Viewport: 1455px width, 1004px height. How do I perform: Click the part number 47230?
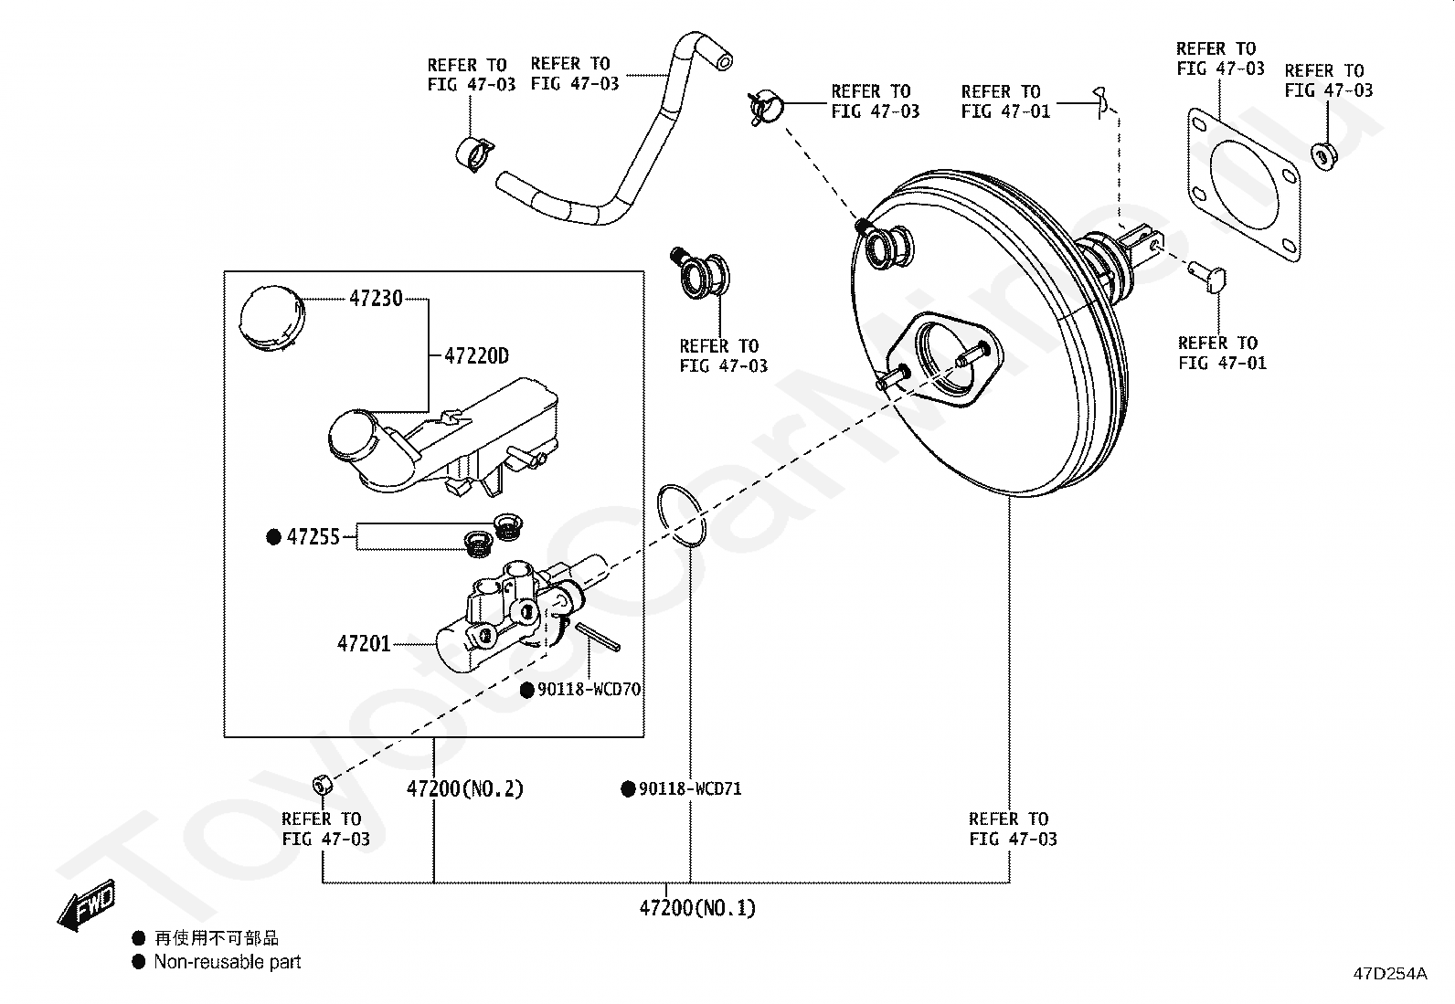click(x=377, y=298)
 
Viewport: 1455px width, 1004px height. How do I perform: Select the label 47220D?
click(x=477, y=356)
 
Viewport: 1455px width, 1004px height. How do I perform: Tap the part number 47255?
click(x=313, y=537)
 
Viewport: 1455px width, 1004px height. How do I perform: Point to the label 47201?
click(x=364, y=643)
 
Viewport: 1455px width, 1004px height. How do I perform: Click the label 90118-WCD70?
click(x=589, y=689)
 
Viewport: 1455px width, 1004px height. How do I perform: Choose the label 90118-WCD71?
click(x=690, y=788)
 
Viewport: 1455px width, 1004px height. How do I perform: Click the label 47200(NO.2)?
click(x=465, y=788)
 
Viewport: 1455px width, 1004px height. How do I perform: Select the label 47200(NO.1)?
click(x=697, y=908)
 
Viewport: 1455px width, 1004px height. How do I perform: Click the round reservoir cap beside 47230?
click(x=272, y=319)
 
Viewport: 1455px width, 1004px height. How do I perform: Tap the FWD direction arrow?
click(x=87, y=904)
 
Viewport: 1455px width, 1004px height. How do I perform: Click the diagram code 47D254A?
click(x=1391, y=974)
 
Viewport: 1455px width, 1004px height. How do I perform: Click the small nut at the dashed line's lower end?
click(x=323, y=785)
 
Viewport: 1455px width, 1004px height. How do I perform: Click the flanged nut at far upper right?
click(x=1323, y=156)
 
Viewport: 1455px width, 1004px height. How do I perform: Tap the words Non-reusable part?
click(x=228, y=962)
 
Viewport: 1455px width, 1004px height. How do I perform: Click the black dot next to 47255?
click(x=274, y=537)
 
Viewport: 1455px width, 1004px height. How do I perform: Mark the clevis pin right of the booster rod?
click(x=1208, y=278)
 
